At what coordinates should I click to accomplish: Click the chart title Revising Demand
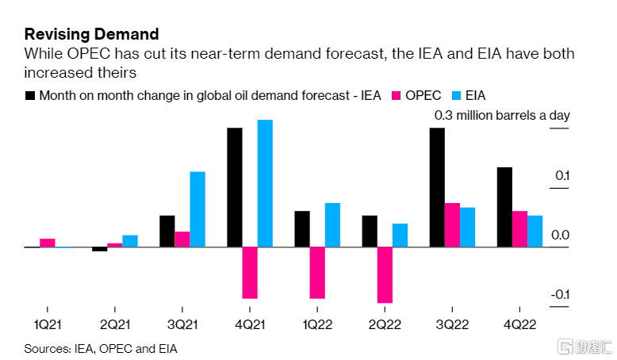point(91,34)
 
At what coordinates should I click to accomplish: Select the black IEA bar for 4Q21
point(235,187)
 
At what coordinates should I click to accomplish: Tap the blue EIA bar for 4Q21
point(265,183)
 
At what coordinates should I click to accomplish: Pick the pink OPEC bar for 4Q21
point(250,273)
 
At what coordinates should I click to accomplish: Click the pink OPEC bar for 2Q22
point(385,275)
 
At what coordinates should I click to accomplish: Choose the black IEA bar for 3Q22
point(437,187)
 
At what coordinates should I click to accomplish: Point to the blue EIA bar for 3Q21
point(197,209)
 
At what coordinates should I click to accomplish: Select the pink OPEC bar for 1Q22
point(317,273)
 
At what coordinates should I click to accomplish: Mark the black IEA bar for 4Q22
point(504,207)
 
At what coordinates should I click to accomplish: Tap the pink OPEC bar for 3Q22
point(452,225)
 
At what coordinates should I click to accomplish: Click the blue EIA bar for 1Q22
point(332,225)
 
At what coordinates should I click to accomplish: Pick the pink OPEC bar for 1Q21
point(48,243)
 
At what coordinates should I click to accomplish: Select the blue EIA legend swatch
point(456,95)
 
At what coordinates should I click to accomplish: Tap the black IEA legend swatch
point(30,95)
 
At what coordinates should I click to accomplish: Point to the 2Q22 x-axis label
point(385,324)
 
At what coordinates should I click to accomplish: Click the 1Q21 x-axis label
point(48,324)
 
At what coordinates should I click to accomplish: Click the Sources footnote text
point(101,348)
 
